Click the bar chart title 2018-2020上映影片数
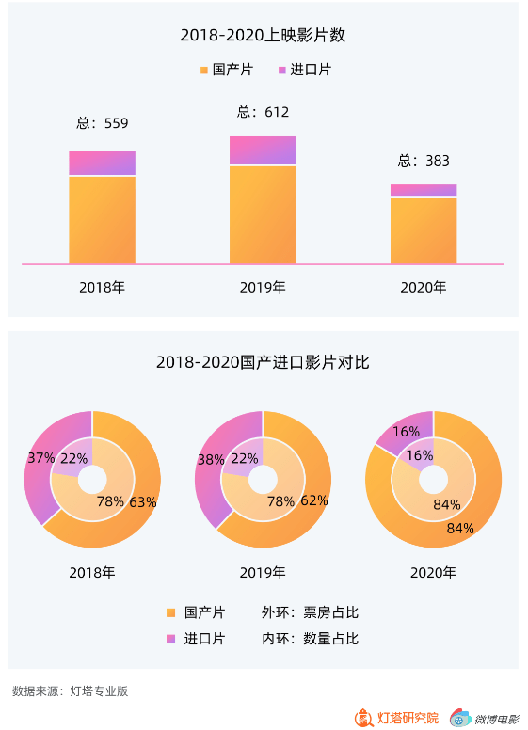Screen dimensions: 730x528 click(x=263, y=36)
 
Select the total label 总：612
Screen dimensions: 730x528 click(x=263, y=112)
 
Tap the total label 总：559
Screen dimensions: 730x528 click(x=102, y=123)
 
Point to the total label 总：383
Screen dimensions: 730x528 click(x=424, y=160)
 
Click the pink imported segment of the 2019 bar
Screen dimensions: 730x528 click(x=263, y=151)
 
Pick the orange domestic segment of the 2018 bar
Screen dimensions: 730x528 click(x=102, y=219)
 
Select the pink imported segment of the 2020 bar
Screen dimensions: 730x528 click(x=424, y=190)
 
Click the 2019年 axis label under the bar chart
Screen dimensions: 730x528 click(x=263, y=287)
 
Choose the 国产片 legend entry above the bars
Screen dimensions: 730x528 click(x=226, y=71)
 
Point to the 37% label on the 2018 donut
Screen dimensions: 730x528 click(x=40, y=458)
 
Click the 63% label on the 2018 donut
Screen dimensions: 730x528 click(x=143, y=501)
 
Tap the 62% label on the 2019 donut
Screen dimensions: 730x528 click(x=313, y=500)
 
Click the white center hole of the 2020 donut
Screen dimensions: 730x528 click(x=433, y=480)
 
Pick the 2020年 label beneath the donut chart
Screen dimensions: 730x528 click(x=433, y=572)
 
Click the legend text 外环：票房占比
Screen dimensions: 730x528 click(x=310, y=612)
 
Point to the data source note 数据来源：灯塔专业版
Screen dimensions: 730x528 click(x=70, y=691)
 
